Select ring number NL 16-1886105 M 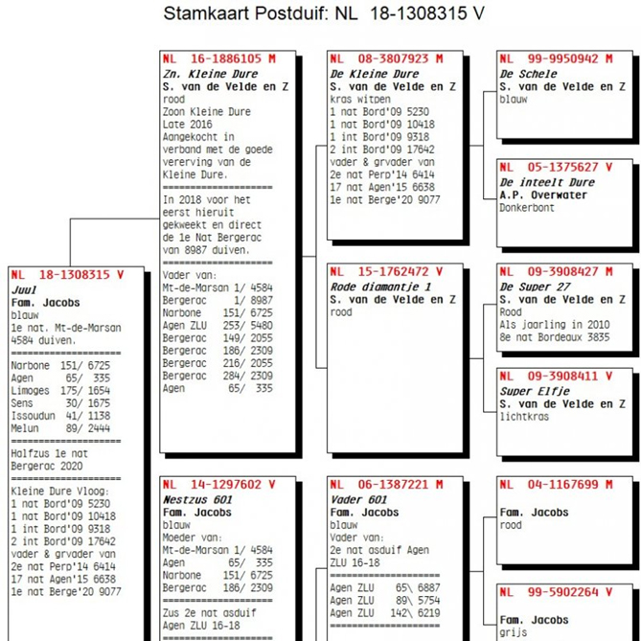219,58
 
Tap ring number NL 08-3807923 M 387,58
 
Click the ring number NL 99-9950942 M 556,58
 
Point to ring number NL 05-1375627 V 556,168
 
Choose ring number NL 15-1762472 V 387,272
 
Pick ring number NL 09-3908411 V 556,377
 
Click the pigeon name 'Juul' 24,290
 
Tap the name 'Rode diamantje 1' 380,287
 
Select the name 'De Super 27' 535,287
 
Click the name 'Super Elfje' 535,392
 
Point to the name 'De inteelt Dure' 547,182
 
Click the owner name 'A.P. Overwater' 543,195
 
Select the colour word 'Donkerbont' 527,208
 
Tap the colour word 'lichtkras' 524,417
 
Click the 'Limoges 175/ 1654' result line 60,391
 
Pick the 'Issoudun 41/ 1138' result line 60,416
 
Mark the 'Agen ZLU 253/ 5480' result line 217,326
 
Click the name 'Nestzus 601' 197,500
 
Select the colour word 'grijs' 513,633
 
